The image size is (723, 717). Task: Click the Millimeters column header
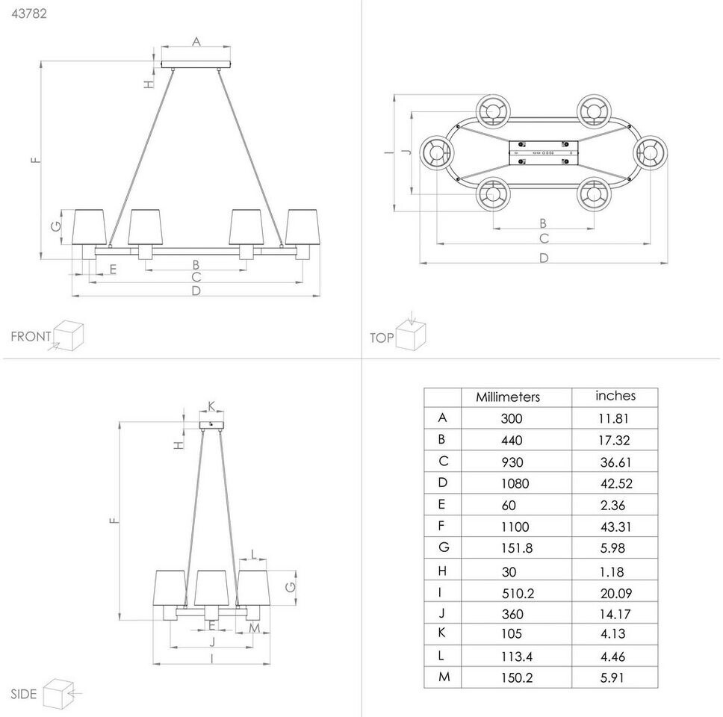[x=508, y=397]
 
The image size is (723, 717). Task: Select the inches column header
[x=615, y=396]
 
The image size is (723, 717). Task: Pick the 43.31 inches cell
[x=615, y=527]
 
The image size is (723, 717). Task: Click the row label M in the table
[x=444, y=678]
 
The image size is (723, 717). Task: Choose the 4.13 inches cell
[x=615, y=634]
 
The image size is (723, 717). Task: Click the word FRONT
[x=31, y=337]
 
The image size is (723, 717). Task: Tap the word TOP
[x=381, y=338]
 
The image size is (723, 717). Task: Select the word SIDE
[x=23, y=694]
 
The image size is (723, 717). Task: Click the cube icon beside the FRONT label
[x=67, y=335]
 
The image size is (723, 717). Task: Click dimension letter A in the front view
[x=196, y=42]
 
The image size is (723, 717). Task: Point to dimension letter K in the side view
[x=211, y=407]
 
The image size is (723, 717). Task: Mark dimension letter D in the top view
[x=544, y=258]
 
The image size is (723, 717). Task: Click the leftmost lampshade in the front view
[x=90, y=227]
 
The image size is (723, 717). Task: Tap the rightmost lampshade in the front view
[x=302, y=227]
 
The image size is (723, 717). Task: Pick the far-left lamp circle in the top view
[x=436, y=153]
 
